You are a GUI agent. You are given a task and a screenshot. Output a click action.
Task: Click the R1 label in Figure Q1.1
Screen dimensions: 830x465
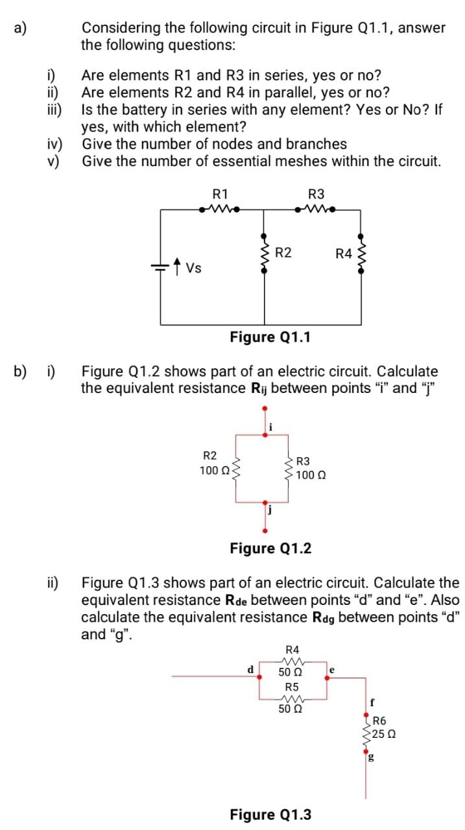pos(221,193)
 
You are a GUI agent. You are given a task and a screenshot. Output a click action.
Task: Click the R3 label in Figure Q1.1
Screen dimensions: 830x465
pos(317,193)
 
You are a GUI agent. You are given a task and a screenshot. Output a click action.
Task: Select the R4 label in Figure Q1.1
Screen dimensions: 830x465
pos(343,254)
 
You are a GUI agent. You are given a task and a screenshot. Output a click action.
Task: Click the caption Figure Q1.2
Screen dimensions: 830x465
pos(270,549)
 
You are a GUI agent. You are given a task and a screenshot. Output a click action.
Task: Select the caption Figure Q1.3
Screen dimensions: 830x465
pos(270,814)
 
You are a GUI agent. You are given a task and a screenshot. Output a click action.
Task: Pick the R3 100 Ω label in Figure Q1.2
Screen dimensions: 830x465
pos(309,468)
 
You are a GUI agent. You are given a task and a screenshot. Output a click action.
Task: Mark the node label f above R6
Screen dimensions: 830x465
pos(372,702)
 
